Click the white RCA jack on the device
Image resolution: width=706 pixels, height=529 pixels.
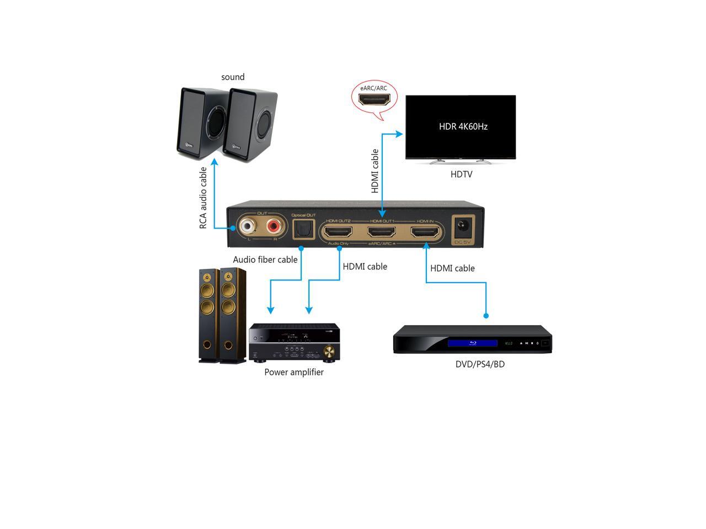click(247, 226)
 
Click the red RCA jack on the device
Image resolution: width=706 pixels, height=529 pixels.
click(274, 226)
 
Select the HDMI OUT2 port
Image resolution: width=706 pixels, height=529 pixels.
click(338, 233)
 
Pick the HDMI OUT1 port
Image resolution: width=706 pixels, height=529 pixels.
click(382, 233)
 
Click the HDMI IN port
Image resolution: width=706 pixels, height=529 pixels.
click(425, 233)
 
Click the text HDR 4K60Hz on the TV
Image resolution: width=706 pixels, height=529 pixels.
click(463, 126)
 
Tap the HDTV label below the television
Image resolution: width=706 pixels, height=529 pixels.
click(461, 175)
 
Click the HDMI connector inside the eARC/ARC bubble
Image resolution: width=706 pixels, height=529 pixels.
click(375, 100)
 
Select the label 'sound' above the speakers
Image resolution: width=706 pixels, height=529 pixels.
click(233, 77)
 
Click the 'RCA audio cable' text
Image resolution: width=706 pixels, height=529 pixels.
click(204, 198)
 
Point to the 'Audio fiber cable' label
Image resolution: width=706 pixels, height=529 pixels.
click(265, 260)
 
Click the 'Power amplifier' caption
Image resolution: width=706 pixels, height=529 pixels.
click(294, 372)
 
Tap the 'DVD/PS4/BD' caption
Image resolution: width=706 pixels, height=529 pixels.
click(480, 364)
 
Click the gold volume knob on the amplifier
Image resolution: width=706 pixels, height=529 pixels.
click(329, 350)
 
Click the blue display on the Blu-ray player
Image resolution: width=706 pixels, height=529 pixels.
click(473, 343)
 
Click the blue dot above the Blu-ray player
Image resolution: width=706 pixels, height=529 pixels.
click(486, 316)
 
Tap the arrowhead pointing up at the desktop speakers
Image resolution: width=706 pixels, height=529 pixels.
click(215, 162)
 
